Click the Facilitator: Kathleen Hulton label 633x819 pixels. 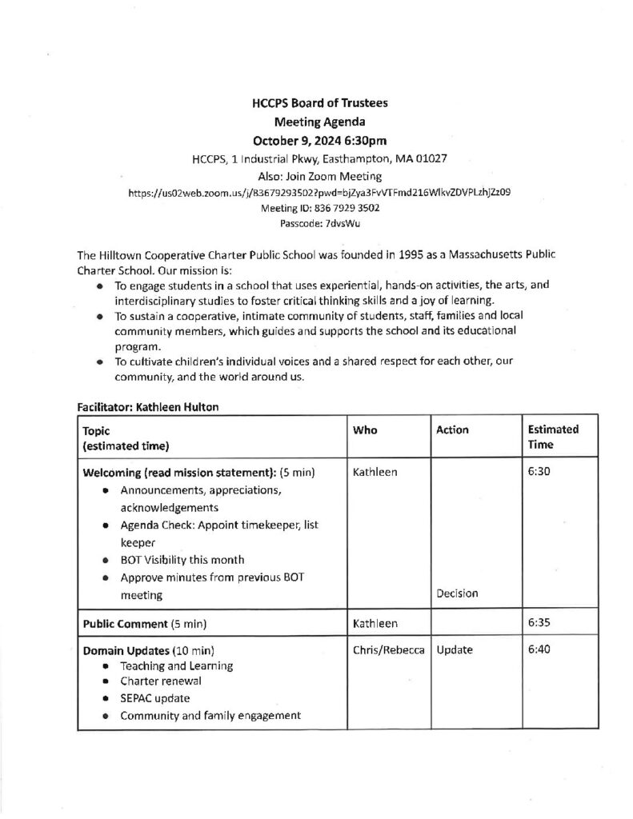[x=147, y=406]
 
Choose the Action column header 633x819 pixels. [x=452, y=430]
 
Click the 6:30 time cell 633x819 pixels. [x=539, y=473]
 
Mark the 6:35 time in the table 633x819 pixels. [x=539, y=622]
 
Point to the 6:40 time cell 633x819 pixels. [x=539, y=650]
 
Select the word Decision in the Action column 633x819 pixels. [x=457, y=593]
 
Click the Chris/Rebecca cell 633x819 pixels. [x=387, y=650]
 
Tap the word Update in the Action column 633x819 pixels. [x=455, y=650]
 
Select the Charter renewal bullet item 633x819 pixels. [x=161, y=681]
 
